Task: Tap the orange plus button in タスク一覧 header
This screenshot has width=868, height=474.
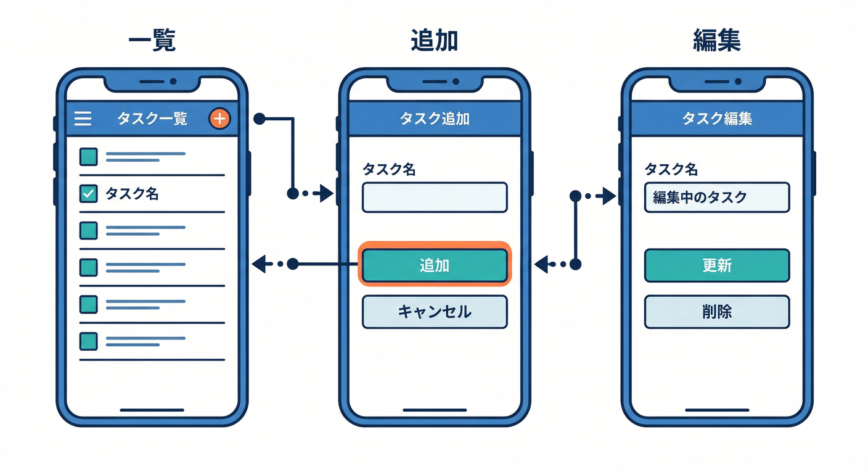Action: click(219, 118)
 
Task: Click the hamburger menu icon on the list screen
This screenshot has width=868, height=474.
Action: click(83, 118)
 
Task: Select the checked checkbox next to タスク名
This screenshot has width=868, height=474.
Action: click(89, 194)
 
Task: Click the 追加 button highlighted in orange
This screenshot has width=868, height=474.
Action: click(435, 265)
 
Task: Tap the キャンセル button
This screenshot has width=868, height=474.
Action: click(435, 312)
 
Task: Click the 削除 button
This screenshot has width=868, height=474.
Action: click(716, 312)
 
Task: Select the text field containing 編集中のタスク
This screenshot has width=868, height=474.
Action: click(716, 197)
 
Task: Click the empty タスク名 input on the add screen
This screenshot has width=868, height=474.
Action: click(435, 197)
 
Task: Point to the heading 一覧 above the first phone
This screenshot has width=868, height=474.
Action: click(152, 41)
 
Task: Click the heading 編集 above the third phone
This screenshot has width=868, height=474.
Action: click(716, 41)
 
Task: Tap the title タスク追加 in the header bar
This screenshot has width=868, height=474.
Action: click(435, 118)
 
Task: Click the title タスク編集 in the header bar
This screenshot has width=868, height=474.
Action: click(716, 118)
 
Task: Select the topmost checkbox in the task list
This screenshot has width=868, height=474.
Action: click(89, 157)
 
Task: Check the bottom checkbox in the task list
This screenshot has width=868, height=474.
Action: click(89, 341)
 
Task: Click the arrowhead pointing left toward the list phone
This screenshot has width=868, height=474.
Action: click(260, 265)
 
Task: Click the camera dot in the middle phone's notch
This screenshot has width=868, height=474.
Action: click(456, 81)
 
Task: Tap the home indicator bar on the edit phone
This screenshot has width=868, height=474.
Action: click(716, 410)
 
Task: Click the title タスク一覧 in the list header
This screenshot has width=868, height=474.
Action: click(152, 118)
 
